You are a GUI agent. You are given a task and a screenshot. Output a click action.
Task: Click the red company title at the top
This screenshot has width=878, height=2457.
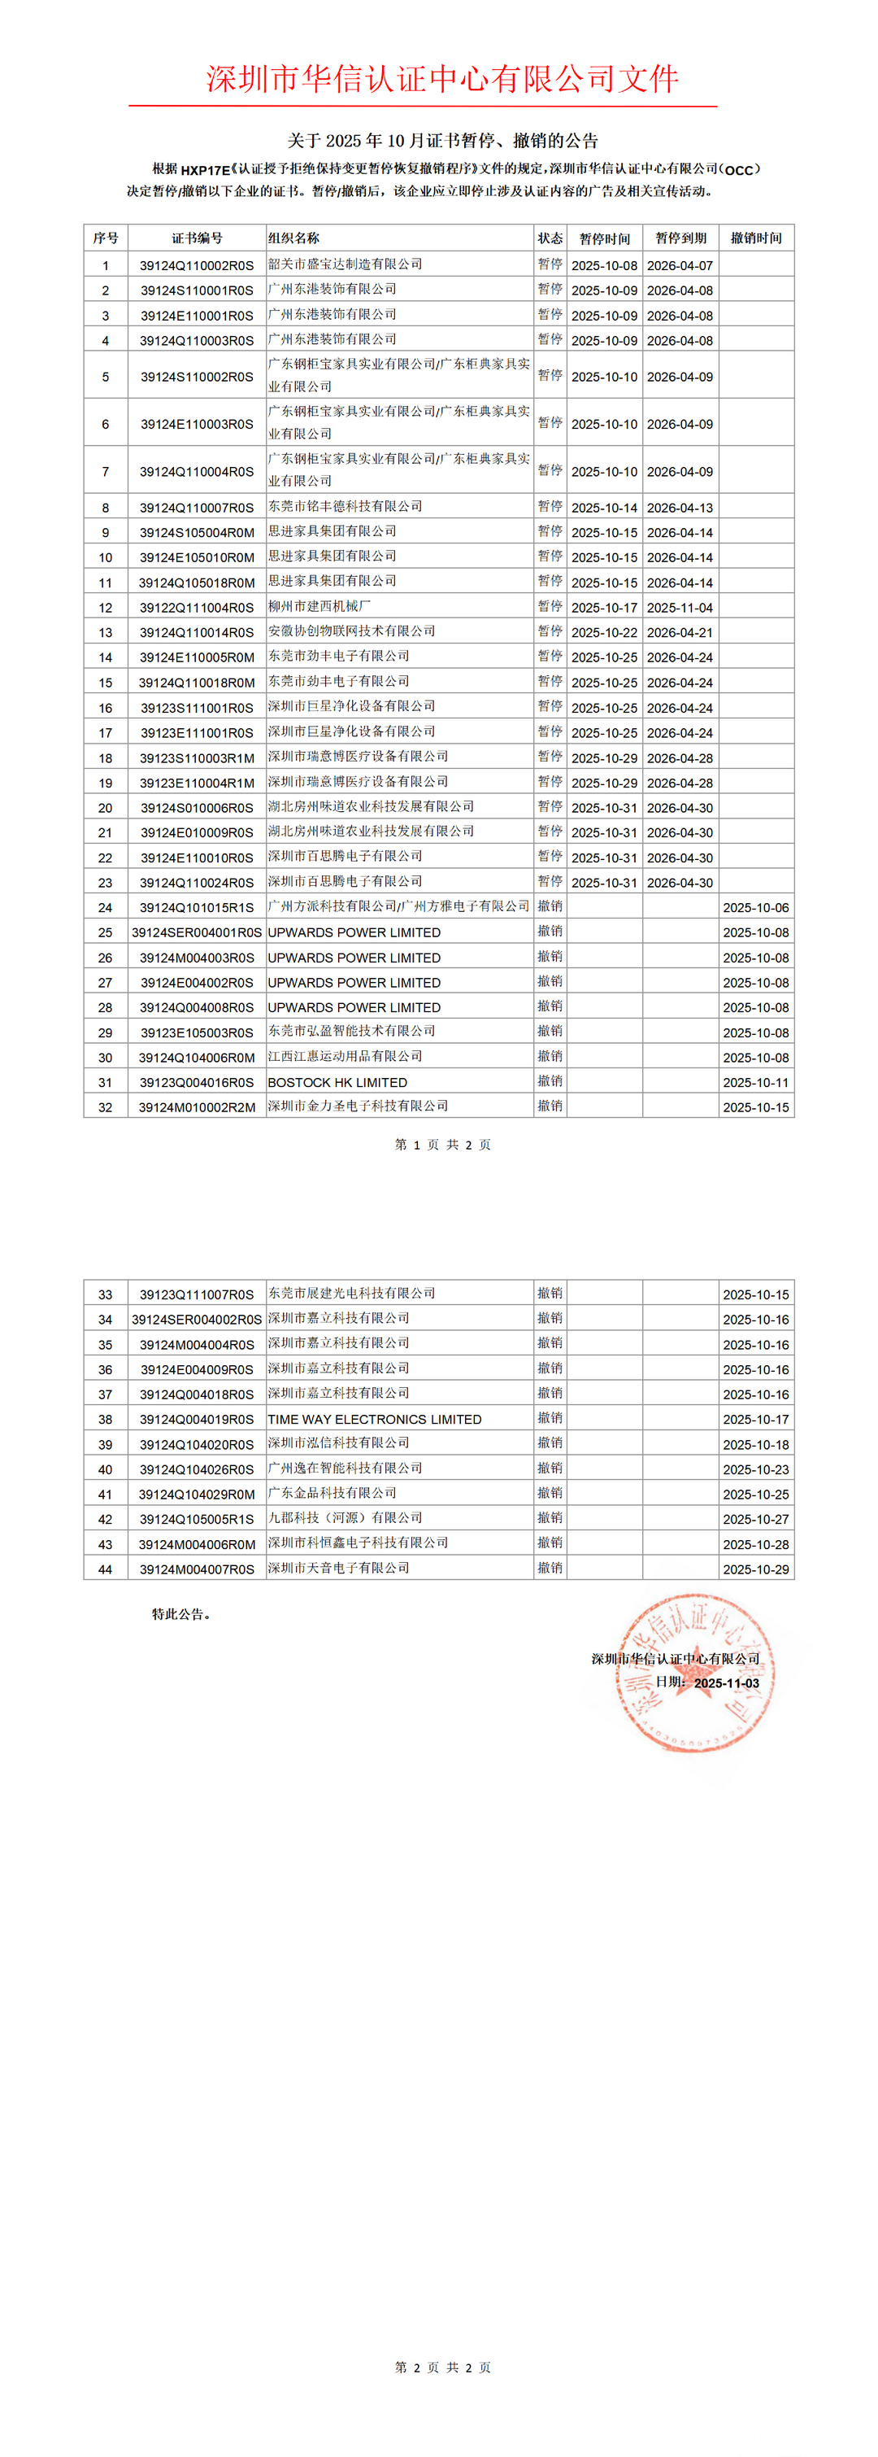pyautogui.click(x=442, y=78)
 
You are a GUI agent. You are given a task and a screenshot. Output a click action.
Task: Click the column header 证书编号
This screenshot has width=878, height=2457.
pyautogui.click(x=198, y=238)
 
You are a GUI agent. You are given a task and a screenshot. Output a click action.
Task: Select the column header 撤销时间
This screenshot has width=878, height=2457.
pyautogui.click(x=756, y=238)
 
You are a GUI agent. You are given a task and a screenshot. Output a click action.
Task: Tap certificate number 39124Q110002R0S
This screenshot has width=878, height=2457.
pyautogui.click(x=198, y=266)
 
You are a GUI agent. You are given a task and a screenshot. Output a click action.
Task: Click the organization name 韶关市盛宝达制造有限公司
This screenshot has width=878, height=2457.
pyautogui.click(x=345, y=264)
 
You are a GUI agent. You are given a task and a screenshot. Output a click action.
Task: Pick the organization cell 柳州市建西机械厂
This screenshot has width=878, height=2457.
pyautogui.click(x=319, y=607)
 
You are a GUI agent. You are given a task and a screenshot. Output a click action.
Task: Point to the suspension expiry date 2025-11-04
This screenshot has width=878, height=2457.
pyautogui.click(x=680, y=608)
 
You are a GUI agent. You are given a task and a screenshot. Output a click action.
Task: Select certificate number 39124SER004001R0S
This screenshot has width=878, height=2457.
pyautogui.click(x=197, y=933)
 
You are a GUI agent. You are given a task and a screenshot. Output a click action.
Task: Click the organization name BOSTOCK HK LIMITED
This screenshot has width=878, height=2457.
pyautogui.click(x=337, y=1083)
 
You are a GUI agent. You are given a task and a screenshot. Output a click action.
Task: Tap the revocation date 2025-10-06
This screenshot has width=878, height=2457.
pyautogui.click(x=756, y=908)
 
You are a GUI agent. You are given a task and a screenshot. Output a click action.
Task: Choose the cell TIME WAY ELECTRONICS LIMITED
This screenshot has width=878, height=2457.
pyautogui.click(x=375, y=1419)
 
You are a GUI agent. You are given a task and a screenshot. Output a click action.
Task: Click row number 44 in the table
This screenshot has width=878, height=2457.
pyautogui.click(x=106, y=1569)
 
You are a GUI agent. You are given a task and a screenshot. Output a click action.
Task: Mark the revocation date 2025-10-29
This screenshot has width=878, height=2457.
pyautogui.click(x=756, y=1569)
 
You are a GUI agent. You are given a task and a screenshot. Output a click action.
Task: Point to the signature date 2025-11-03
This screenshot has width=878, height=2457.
pyautogui.click(x=727, y=1683)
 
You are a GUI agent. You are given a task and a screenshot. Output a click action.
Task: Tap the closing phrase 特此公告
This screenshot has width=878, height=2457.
pyautogui.click(x=181, y=1614)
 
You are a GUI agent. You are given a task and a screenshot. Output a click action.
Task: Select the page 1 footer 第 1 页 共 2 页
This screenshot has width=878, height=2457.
pyautogui.click(x=442, y=1145)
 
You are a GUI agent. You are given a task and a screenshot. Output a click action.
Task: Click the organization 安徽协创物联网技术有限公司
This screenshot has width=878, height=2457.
pyautogui.click(x=352, y=631)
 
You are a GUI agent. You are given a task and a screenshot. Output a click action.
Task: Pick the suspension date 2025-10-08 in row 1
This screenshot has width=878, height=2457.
pyautogui.click(x=604, y=266)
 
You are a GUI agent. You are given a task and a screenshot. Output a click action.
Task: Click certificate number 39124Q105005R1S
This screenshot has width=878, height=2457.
pyautogui.click(x=198, y=1520)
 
